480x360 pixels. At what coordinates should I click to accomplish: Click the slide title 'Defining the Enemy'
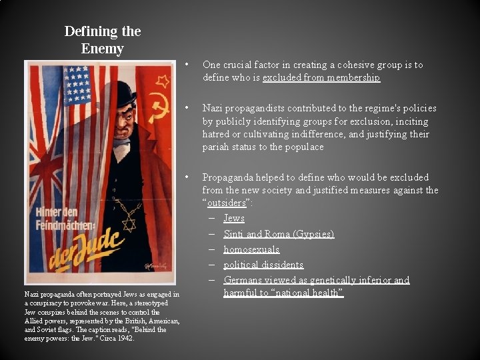click(x=102, y=40)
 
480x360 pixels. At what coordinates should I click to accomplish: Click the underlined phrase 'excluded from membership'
click(x=321, y=78)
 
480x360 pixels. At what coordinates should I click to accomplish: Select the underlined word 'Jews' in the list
click(x=234, y=219)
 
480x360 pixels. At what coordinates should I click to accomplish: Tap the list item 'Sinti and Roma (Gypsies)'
click(x=279, y=234)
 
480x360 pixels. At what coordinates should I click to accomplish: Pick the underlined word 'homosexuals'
click(x=251, y=249)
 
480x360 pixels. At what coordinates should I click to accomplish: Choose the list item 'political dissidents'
click(x=263, y=265)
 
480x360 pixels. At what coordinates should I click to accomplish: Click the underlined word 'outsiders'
click(x=225, y=203)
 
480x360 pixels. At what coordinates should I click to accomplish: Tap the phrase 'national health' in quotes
click(x=314, y=293)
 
